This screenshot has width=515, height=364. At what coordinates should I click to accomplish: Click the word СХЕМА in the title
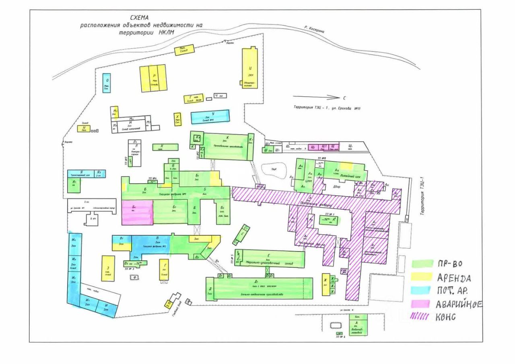[139, 18]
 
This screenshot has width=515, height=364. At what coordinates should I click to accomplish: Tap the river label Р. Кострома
[314, 29]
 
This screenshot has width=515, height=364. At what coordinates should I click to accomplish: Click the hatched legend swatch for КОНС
[421, 317]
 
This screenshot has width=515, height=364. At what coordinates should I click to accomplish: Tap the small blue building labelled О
[107, 83]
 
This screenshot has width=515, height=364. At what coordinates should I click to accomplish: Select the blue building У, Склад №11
[210, 117]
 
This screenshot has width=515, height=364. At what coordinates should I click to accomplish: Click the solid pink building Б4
[137, 212]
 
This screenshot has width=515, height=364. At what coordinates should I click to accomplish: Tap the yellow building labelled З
[108, 268]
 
